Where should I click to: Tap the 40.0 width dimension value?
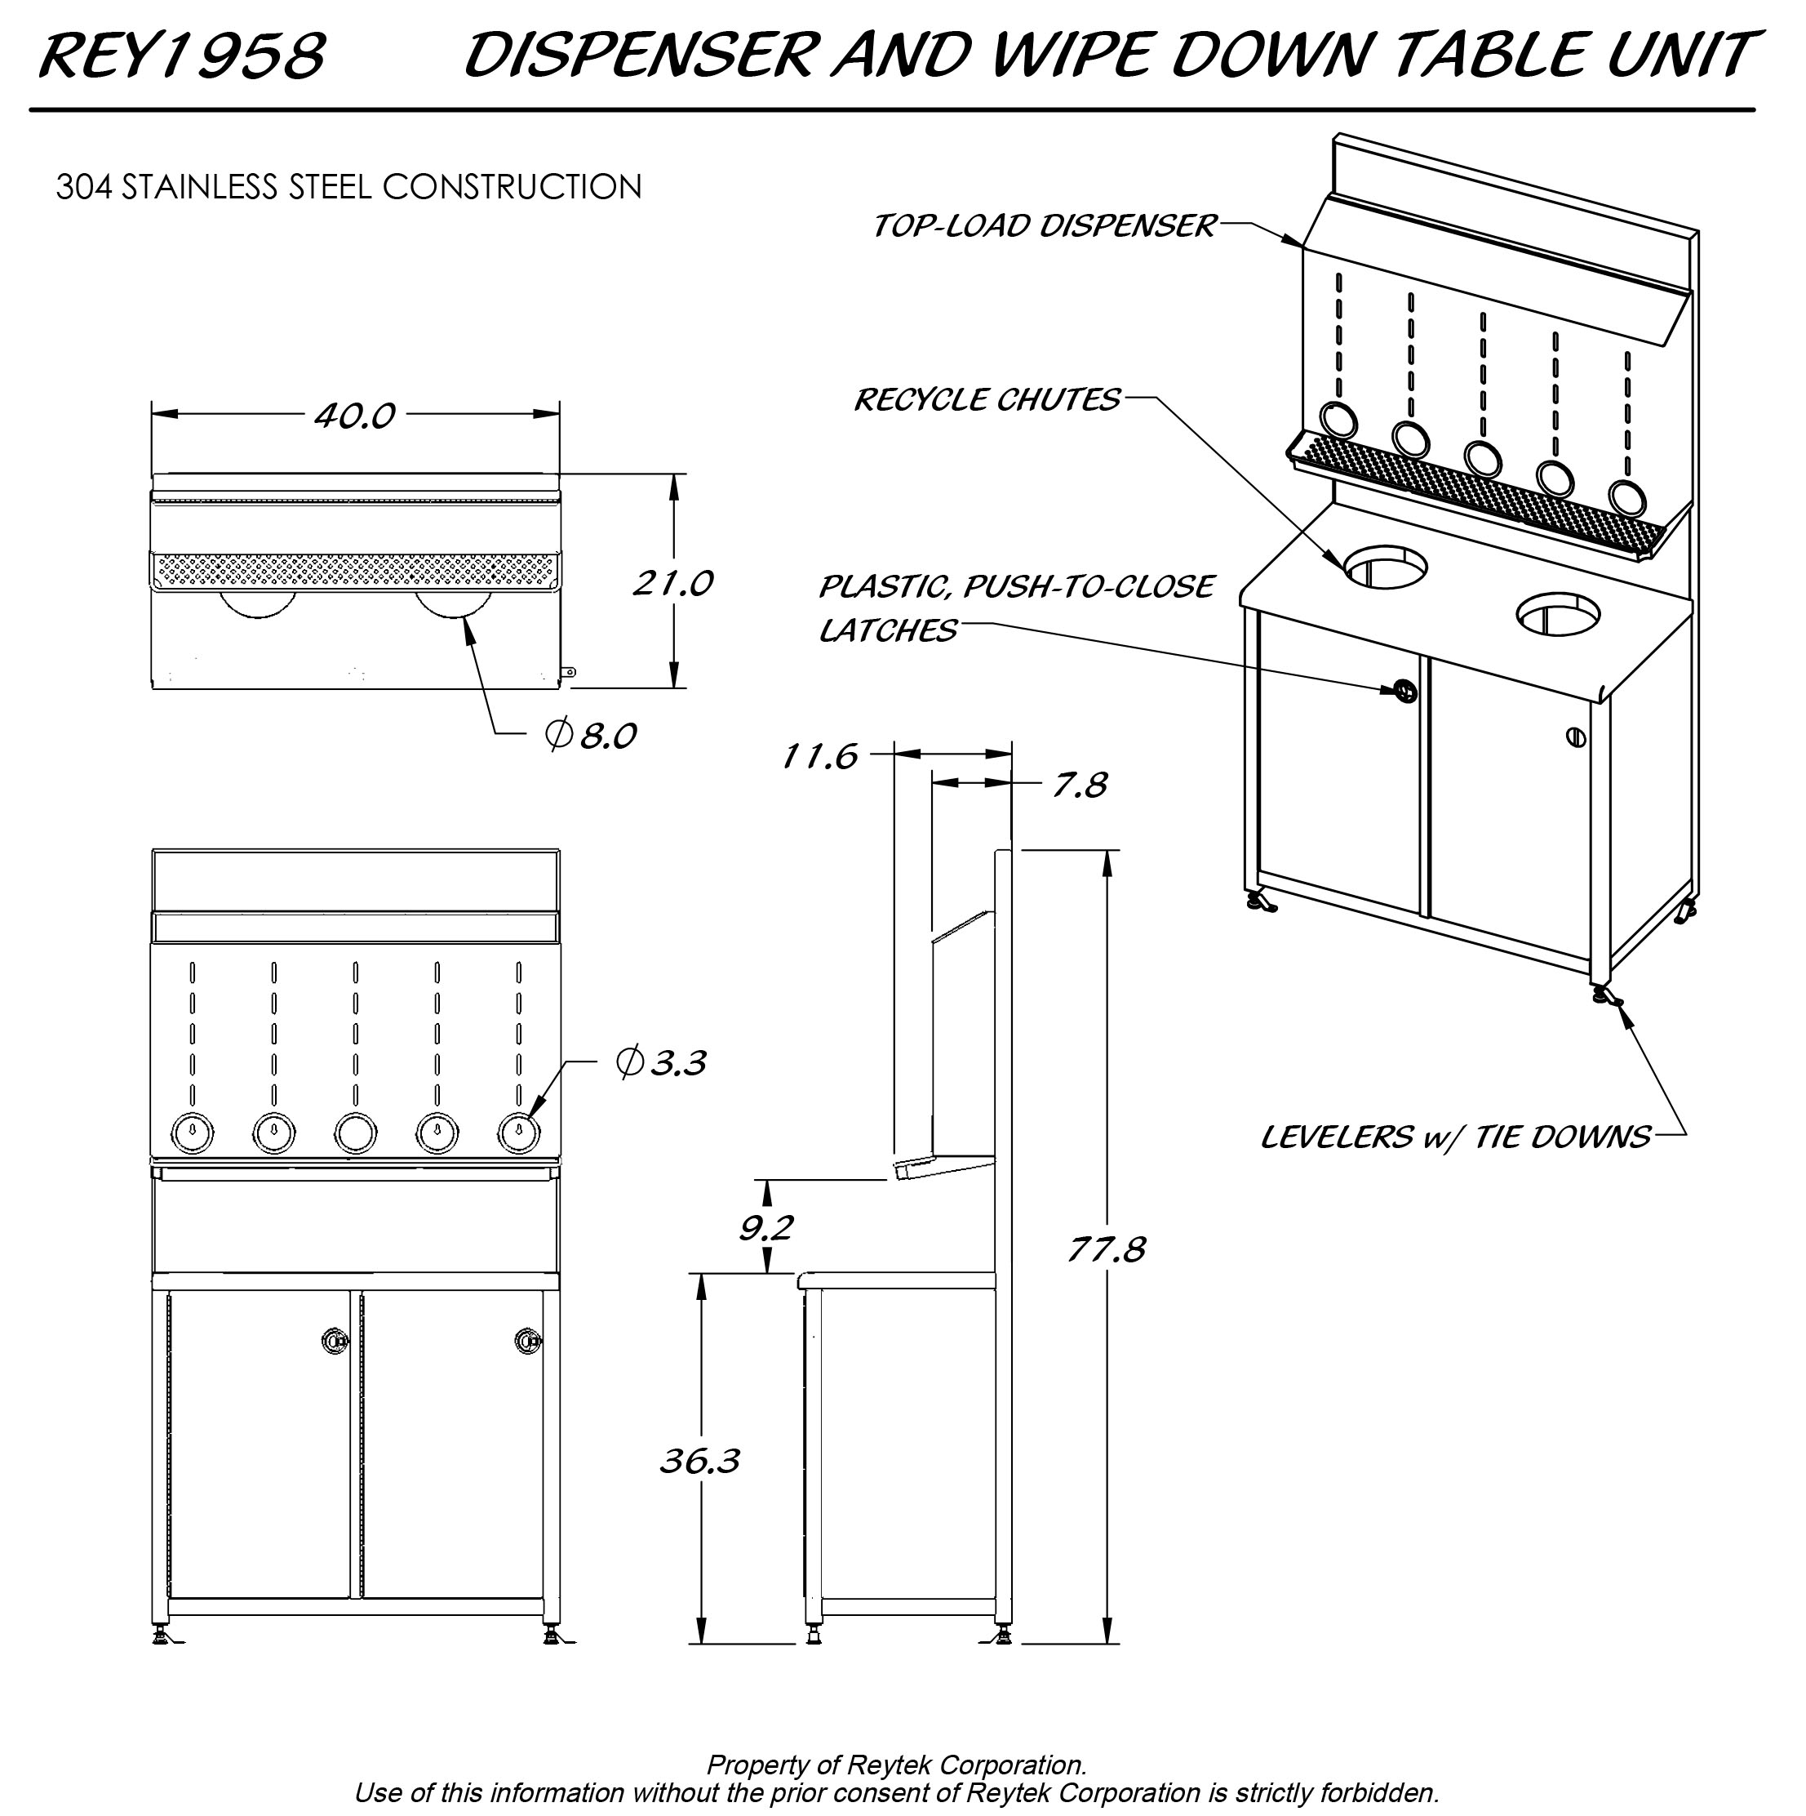click(x=354, y=415)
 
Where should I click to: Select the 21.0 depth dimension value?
click(x=672, y=583)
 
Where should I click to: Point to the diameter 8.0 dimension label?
click(x=591, y=734)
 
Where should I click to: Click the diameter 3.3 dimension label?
click(x=660, y=1062)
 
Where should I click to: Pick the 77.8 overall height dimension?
click(x=1106, y=1249)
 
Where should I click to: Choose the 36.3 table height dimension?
click(x=699, y=1461)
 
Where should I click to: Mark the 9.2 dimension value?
click(x=765, y=1226)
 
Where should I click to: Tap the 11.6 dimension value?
click(x=819, y=756)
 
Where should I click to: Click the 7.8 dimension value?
click(x=1079, y=784)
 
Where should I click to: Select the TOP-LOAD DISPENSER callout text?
click(x=1044, y=225)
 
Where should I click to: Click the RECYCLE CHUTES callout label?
click(x=987, y=399)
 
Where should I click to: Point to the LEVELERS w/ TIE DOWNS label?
click(x=1454, y=1137)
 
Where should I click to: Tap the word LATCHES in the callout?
click(x=887, y=630)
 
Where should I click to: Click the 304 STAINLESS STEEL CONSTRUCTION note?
click(x=348, y=186)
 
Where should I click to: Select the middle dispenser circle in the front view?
click(x=355, y=1133)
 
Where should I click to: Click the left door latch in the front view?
click(x=334, y=1341)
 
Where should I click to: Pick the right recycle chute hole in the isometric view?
click(x=1557, y=613)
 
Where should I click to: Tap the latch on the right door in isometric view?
click(x=1576, y=737)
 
